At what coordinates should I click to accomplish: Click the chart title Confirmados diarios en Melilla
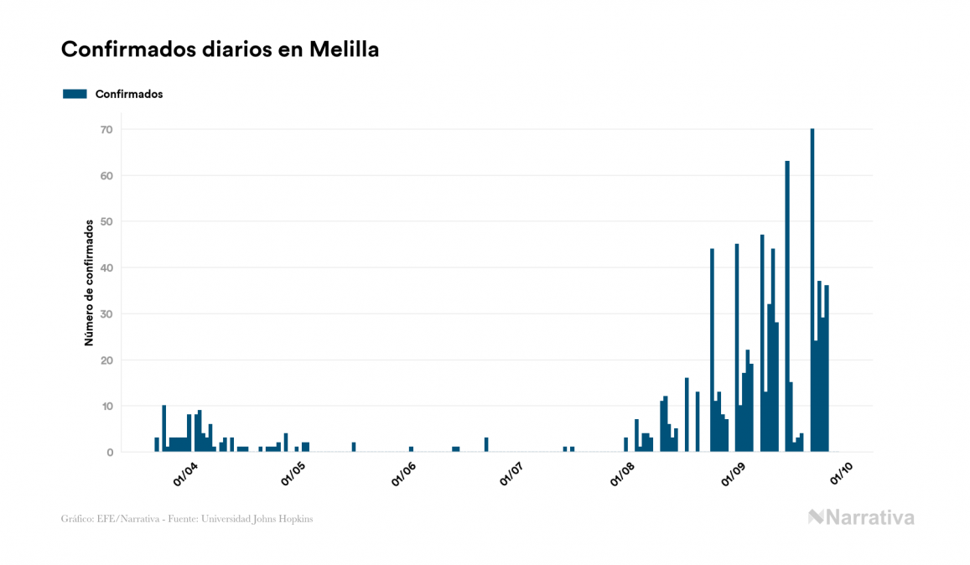click(x=220, y=49)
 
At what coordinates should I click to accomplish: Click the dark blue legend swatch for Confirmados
click(x=75, y=94)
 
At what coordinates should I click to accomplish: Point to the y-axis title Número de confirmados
click(x=88, y=282)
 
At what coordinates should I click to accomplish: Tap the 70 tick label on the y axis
click(x=106, y=130)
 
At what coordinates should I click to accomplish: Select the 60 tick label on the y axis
click(x=106, y=176)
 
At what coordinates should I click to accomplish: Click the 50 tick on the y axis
click(x=106, y=222)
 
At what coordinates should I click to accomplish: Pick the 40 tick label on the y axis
click(x=106, y=268)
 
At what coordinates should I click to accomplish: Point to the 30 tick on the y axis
click(x=106, y=314)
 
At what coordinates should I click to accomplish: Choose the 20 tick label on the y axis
click(x=106, y=360)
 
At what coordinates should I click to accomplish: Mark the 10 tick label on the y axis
click(x=106, y=407)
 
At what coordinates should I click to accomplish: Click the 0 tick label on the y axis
click(x=109, y=453)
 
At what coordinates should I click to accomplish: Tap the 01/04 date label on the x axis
click(x=184, y=474)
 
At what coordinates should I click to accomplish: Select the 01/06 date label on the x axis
click(x=404, y=474)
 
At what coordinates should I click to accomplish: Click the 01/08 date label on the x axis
click(x=624, y=474)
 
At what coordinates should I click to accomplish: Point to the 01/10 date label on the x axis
click(x=842, y=474)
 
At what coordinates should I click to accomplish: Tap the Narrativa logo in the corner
click(x=861, y=517)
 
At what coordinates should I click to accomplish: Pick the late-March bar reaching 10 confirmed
click(x=164, y=428)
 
